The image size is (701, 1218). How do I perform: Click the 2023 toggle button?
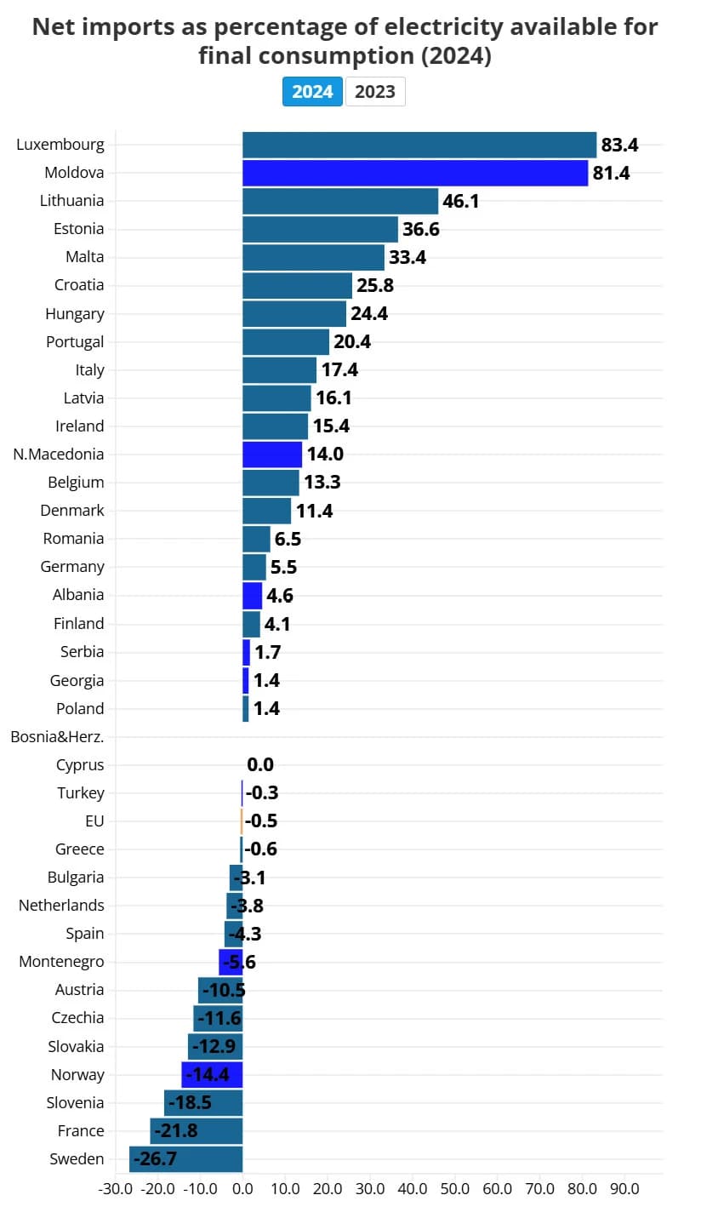point(375,92)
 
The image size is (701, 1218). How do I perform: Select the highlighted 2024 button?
point(312,92)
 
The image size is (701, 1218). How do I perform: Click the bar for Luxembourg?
point(419,145)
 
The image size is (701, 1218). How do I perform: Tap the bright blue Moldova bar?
point(415,173)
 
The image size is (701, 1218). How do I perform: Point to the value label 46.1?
point(460,202)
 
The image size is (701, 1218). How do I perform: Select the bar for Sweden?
point(186,1159)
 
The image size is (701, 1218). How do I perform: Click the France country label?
point(81,1131)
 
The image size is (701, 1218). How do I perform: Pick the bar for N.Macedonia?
point(272,455)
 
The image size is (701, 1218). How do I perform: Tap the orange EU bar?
point(242,821)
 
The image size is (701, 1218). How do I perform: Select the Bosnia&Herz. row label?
point(57,737)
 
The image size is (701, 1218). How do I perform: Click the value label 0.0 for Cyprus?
point(260,765)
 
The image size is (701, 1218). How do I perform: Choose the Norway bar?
point(212,1075)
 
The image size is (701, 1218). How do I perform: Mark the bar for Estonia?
point(320,230)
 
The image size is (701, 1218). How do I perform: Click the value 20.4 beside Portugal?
point(352,342)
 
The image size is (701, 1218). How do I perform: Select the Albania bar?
point(252,596)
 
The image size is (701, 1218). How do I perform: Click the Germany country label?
point(72,567)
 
